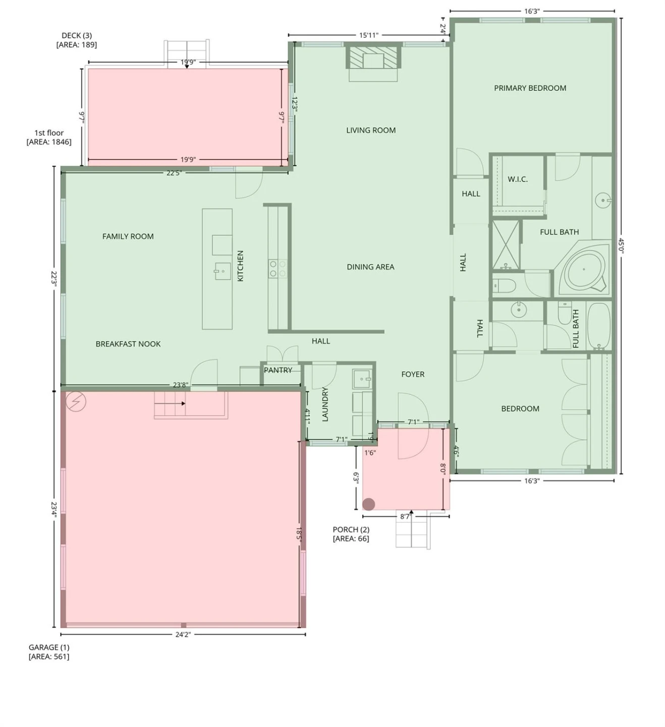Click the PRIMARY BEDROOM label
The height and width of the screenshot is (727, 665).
pos(530,88)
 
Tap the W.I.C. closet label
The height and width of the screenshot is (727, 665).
pos(517,179)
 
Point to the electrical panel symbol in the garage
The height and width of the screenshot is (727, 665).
pos(76,401)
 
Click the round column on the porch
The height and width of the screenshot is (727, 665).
pos(368,504)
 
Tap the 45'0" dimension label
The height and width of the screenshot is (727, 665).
pos(621,246)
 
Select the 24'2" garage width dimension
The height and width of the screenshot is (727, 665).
pos(183,634)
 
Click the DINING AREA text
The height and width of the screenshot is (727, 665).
pos(370,267)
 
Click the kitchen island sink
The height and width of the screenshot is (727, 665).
pos(223,271)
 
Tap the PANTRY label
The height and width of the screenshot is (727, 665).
pos(278,370)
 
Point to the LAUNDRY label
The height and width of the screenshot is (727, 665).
pos(325,404)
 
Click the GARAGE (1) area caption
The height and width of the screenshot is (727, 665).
pos(49,652)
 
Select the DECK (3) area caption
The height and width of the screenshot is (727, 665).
pos(76,40)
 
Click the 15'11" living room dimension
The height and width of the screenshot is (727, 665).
pos(369,35)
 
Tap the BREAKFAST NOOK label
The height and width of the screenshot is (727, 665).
pos(128,344)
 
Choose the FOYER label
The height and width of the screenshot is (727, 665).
pos(413,375)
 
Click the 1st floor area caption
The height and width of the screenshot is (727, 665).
pos(49,137)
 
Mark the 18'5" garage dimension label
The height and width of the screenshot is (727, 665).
pos(299,534)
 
